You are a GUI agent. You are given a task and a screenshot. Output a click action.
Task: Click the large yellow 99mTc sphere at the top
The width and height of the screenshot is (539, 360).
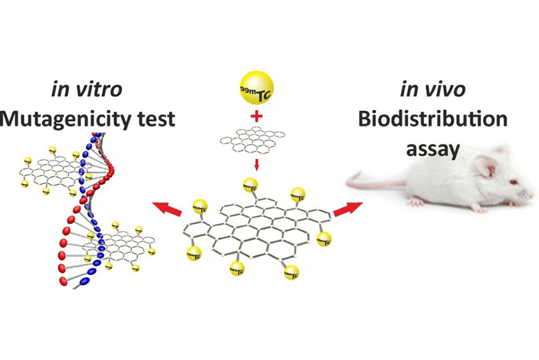256,87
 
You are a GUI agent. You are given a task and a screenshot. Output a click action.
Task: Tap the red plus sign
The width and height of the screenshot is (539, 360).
256,116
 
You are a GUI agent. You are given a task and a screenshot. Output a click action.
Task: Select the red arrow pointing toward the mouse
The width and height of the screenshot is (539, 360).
348,209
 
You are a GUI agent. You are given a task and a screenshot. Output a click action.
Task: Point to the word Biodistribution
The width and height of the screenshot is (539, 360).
433,119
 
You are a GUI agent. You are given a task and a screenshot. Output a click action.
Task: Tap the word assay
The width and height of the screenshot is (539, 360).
433,150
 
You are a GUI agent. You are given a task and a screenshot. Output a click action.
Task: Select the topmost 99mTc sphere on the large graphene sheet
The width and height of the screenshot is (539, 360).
250,186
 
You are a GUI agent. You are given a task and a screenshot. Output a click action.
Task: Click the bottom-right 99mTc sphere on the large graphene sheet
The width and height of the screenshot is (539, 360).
292,273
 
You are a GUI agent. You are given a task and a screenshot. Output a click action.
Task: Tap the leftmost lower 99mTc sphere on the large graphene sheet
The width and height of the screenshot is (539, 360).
194,253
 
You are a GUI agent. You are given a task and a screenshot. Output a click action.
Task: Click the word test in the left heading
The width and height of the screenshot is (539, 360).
157,119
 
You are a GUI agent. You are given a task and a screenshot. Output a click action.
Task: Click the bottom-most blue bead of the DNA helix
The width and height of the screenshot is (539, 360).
84,282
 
